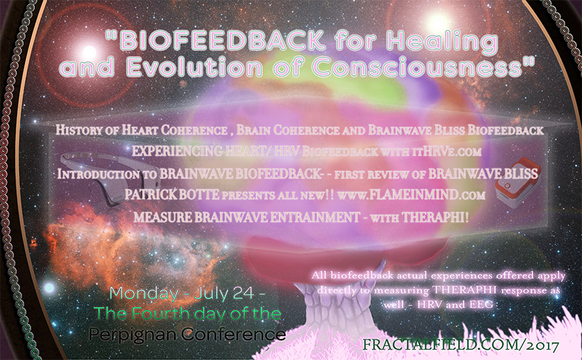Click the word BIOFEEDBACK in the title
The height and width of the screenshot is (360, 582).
pyautogui.click(x=222, y=40)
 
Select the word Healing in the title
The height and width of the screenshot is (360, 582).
pyautogui.click(x=441, y=42)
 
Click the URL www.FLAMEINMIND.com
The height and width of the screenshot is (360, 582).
pyautogui.click(x=411, y=195)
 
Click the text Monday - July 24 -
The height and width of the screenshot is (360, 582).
pyautogui.click(x=187, y=294)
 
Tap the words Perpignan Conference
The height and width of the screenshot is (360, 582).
pyautogui.click(x=187, y=334)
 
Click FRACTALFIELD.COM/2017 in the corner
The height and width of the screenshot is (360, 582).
pyautogui.click(x=461, y=345)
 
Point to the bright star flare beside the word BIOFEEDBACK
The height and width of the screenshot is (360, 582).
pyautogui.click(x=88, y=52)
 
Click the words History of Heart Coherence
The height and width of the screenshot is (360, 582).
pyautogui.click(x=141, y=130)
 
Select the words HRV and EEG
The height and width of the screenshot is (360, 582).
pyautogui.click(x=455, y=305)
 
